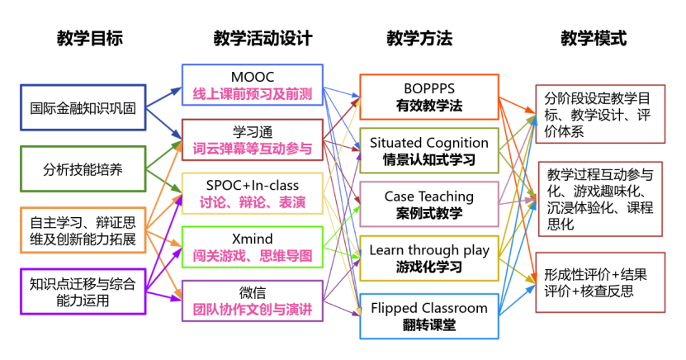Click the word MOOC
pos(253,77)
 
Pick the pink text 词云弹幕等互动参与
pos(253,149)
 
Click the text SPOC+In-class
pos(253,185)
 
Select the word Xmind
pos(253,239)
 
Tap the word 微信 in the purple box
pos(253,293)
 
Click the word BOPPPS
pos(428,88)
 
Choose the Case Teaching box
pos(428,204)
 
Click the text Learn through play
pos(428,250)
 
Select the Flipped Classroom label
pos(428,308)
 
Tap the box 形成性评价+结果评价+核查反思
pos(600,282)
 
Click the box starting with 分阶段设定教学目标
pos(600,114)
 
